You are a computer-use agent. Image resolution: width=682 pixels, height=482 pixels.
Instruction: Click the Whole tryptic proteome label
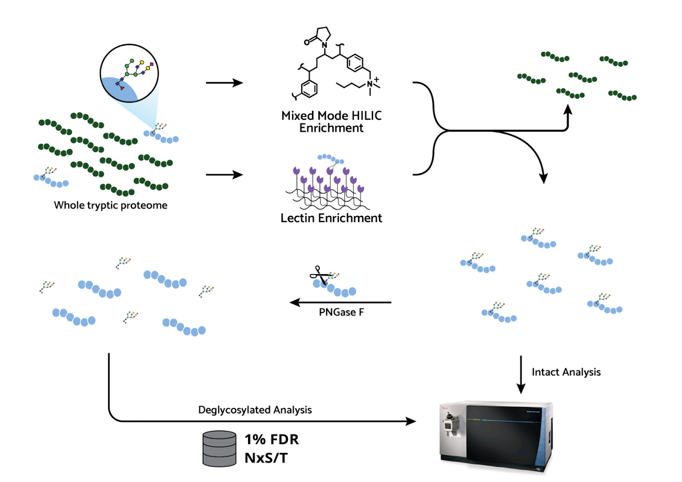110,205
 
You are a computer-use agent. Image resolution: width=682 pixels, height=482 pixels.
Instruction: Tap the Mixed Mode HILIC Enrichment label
331,122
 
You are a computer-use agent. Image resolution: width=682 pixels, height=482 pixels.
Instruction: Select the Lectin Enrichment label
331,218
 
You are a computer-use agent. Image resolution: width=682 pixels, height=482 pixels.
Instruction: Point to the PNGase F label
341,313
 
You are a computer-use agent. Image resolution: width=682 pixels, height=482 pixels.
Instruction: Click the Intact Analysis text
566,372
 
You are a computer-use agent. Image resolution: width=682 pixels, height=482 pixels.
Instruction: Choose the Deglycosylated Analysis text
255,410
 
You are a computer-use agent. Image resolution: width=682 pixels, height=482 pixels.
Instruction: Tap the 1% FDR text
272,439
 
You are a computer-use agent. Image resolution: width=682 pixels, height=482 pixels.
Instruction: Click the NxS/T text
266,458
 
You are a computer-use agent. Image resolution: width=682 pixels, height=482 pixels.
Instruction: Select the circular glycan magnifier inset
129,73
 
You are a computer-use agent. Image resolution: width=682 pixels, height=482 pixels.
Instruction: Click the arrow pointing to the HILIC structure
224,83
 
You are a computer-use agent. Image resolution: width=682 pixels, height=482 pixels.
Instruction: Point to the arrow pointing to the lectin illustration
224,175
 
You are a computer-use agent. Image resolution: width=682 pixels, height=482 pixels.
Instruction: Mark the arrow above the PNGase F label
340,302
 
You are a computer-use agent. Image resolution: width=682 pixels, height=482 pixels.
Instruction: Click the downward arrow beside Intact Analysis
520,375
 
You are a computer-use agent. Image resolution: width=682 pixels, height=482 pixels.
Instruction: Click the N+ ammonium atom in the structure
370,83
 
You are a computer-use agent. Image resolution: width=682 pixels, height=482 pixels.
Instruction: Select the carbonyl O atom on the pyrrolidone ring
306,42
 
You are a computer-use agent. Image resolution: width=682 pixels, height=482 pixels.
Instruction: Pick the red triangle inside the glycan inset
122,88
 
